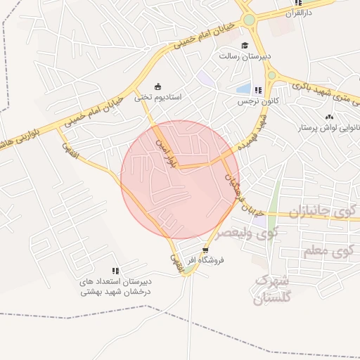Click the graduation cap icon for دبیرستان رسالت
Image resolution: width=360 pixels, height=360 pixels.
click(x=245, y=46)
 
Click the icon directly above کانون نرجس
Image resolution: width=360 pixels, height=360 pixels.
click(x=258, y=90)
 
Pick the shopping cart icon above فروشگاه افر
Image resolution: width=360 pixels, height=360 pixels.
click(x=205, y=250)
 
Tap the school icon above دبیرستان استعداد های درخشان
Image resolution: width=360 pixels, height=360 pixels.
click(x=115, y=271)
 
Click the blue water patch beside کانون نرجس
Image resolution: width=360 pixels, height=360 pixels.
click(x=244, y=89)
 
